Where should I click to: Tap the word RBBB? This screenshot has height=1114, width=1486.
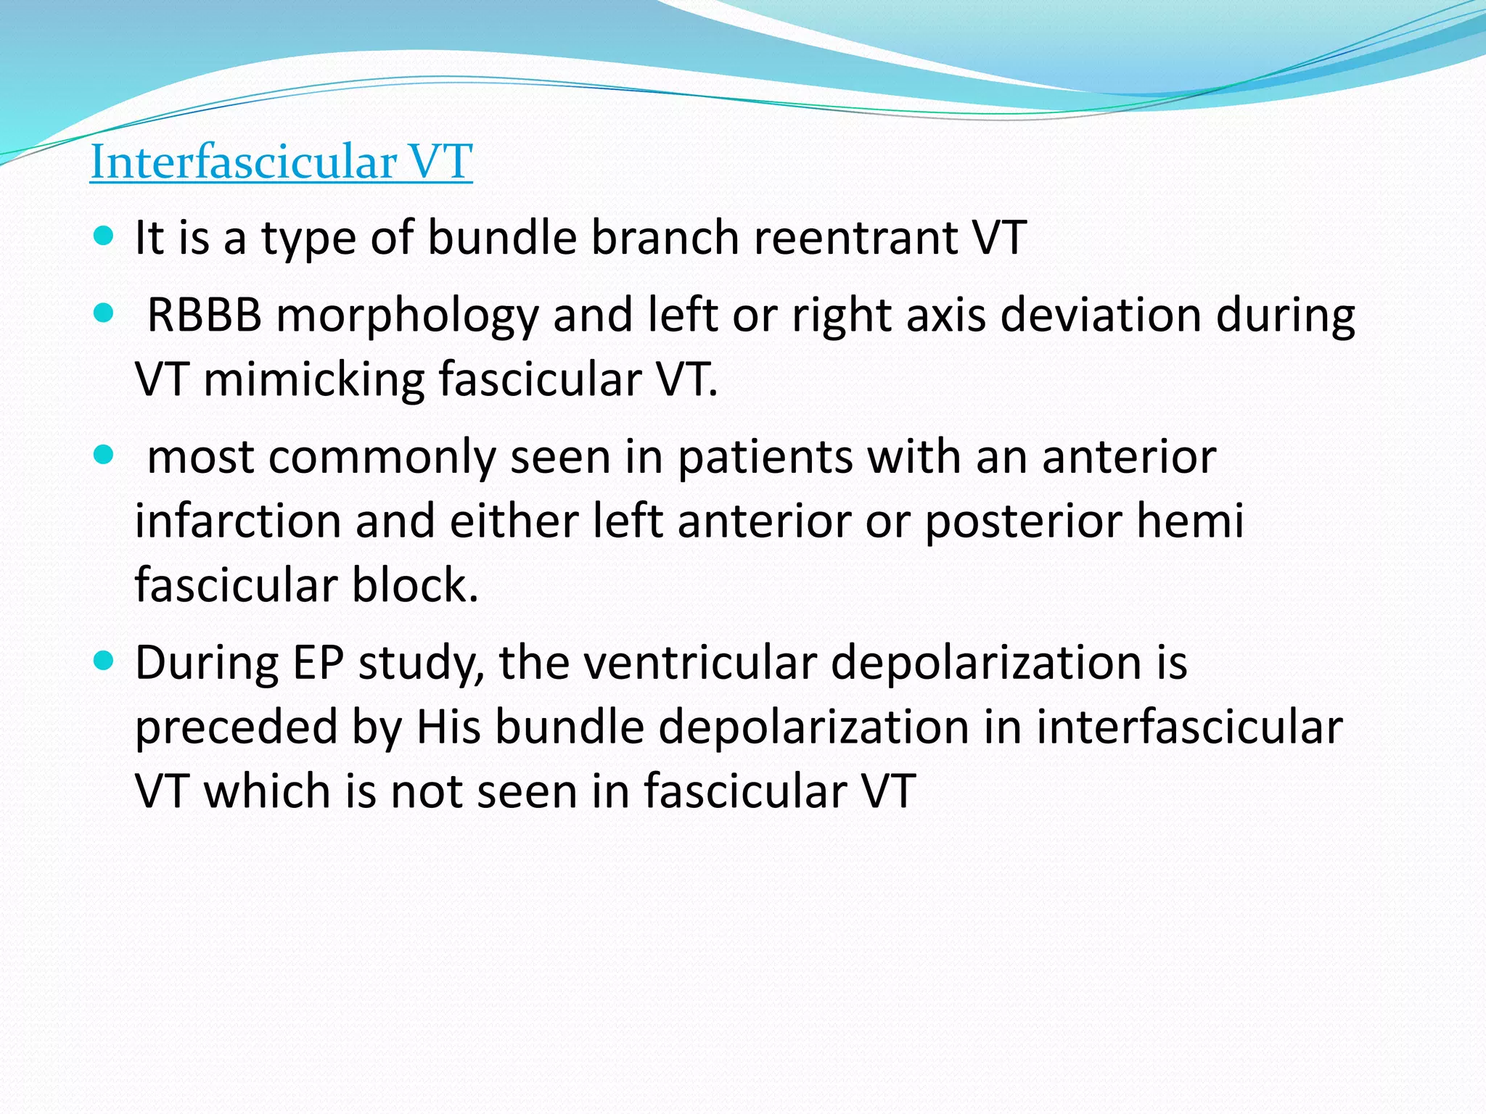[204, 315]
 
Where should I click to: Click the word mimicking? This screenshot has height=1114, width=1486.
[313, 379]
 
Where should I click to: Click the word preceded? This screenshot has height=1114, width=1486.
[237, 727]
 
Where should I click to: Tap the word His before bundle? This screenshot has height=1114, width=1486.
[448, 727]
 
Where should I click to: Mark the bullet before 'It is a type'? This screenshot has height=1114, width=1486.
[104, 236]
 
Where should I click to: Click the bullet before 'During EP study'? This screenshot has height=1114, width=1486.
[104, 660]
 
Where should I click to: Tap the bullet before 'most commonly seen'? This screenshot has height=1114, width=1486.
[104, 455]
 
